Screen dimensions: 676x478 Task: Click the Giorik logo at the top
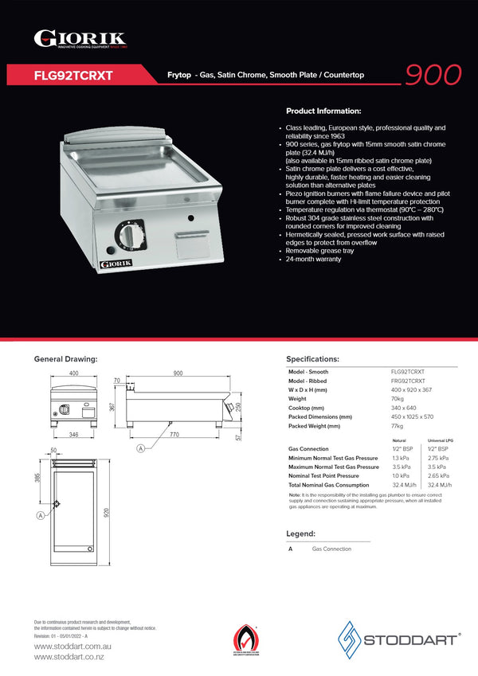point(79,39)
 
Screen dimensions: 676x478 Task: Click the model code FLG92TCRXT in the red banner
point(73,76)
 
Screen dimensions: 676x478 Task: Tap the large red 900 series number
point(433,74)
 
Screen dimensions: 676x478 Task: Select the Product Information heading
point(323,111)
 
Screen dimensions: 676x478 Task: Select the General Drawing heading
point(65,359)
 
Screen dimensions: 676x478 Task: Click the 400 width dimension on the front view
point(73,373)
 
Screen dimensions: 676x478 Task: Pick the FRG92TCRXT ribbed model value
point(407,381)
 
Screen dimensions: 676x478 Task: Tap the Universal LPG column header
point(441,440)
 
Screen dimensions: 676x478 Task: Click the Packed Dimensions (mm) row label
point(320,416)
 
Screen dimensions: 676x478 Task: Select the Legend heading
point(300,533)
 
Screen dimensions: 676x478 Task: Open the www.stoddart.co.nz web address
point(69,657)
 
